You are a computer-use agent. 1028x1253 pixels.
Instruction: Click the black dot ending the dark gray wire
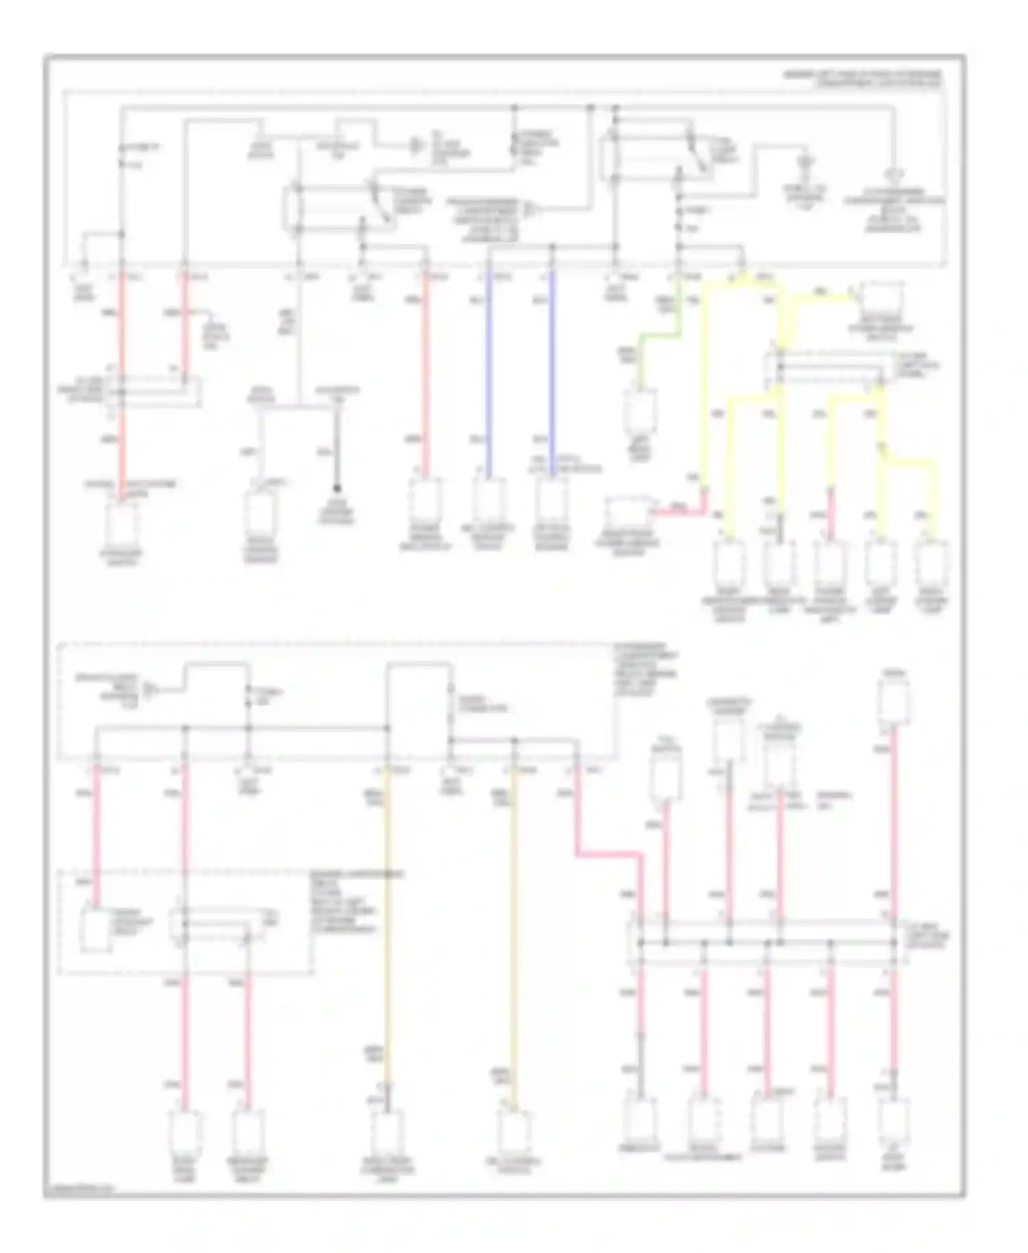(x=336, y=489)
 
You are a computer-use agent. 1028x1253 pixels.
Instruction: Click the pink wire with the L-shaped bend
(x=610, y=853)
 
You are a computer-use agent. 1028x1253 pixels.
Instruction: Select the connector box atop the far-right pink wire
(x=894, y=701)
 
